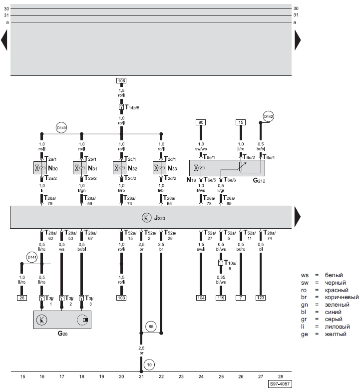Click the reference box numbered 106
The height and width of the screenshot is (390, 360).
(x=121, y=80)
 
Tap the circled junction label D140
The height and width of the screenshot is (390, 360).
(x=61, y=128)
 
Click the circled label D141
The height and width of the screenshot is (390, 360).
(x=32, y=258)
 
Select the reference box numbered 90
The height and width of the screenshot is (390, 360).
(x=201, y=122)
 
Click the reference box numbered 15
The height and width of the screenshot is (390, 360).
(x=241, y=122)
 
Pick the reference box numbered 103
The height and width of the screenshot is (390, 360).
(x=121, y=297)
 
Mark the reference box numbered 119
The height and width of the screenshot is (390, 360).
(x=221, y=297)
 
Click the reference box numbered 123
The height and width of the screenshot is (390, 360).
(x=261, y=297)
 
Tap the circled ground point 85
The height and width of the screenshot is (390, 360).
(x=151, y=328)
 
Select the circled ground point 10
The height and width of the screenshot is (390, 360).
(x=150, y=365)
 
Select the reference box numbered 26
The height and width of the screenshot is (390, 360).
(x=21, y=297)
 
